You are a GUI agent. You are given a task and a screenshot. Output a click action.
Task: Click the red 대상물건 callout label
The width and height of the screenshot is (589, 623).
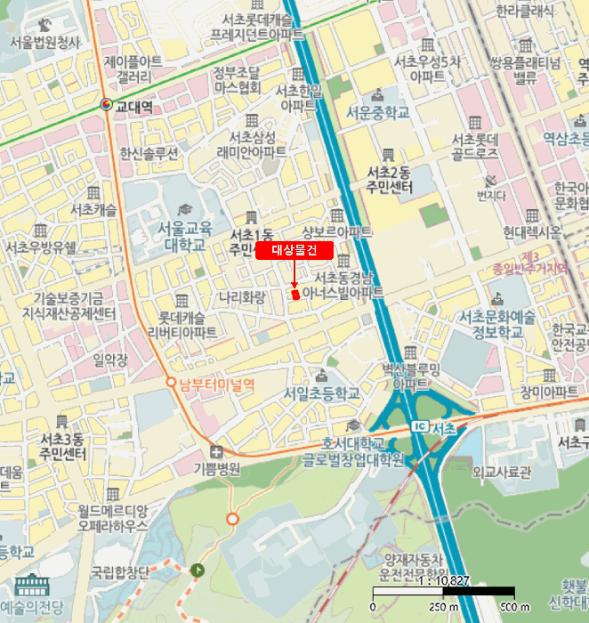pyautogui.click(x=294, y=251)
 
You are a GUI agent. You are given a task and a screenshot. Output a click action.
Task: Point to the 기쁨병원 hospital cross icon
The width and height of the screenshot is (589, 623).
pyautogui.click(x=217, y=451)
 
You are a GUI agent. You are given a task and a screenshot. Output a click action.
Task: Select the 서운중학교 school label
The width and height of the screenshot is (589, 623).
pyautogui.click(x=378, y=113)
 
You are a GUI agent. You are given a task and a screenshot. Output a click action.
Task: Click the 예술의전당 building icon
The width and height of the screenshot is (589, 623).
pyautogui.click(x=32, y=587)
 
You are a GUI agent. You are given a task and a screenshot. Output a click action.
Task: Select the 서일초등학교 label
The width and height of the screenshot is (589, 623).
pyautogui.click(x=321, y=392)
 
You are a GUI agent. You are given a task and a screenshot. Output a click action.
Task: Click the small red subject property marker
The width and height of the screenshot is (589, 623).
pyautogui.click(x=294, y=293)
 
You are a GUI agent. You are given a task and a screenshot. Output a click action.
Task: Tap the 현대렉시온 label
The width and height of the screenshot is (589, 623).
pyautogui.click(x=532, y=232)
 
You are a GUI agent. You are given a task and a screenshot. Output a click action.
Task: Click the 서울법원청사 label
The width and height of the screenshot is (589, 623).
pyautogui.click(x=44, y=42)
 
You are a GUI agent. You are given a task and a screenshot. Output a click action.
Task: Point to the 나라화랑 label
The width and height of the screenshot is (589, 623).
pyautogui.click(x=243, y=295)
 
